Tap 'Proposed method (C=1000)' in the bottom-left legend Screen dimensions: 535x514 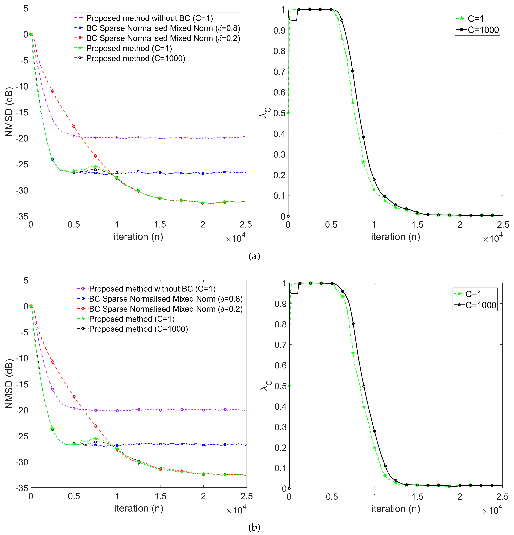138,329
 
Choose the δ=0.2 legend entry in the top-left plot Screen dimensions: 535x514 163,38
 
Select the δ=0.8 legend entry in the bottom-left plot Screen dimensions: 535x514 166,299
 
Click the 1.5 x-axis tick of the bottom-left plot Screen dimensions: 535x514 160,496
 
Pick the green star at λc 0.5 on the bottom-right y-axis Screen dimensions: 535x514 289,386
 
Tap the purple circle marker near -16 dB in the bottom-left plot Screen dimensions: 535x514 52,389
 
